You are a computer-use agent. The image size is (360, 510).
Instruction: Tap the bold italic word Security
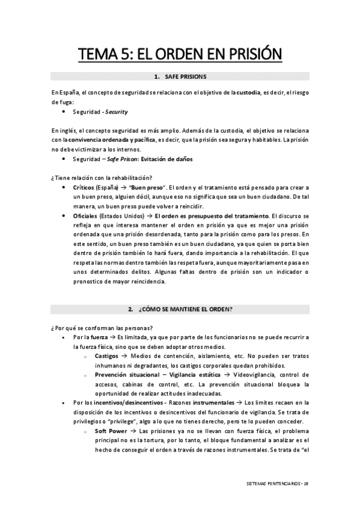point(115,112)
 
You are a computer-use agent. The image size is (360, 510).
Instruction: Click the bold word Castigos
point(106,356)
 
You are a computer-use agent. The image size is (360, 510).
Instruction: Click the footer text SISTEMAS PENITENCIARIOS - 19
point(278,484)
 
